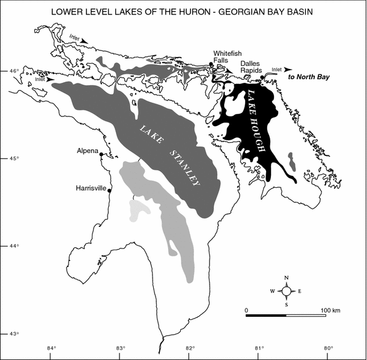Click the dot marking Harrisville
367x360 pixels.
point(109,190)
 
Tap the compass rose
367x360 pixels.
point(287,291)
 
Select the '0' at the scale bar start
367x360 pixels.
point(247,309)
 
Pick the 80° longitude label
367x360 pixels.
point(329,349)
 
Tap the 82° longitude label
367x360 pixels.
point(190,349)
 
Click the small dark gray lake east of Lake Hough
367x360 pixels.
point(291,161)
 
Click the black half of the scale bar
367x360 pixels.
point(266,315)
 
